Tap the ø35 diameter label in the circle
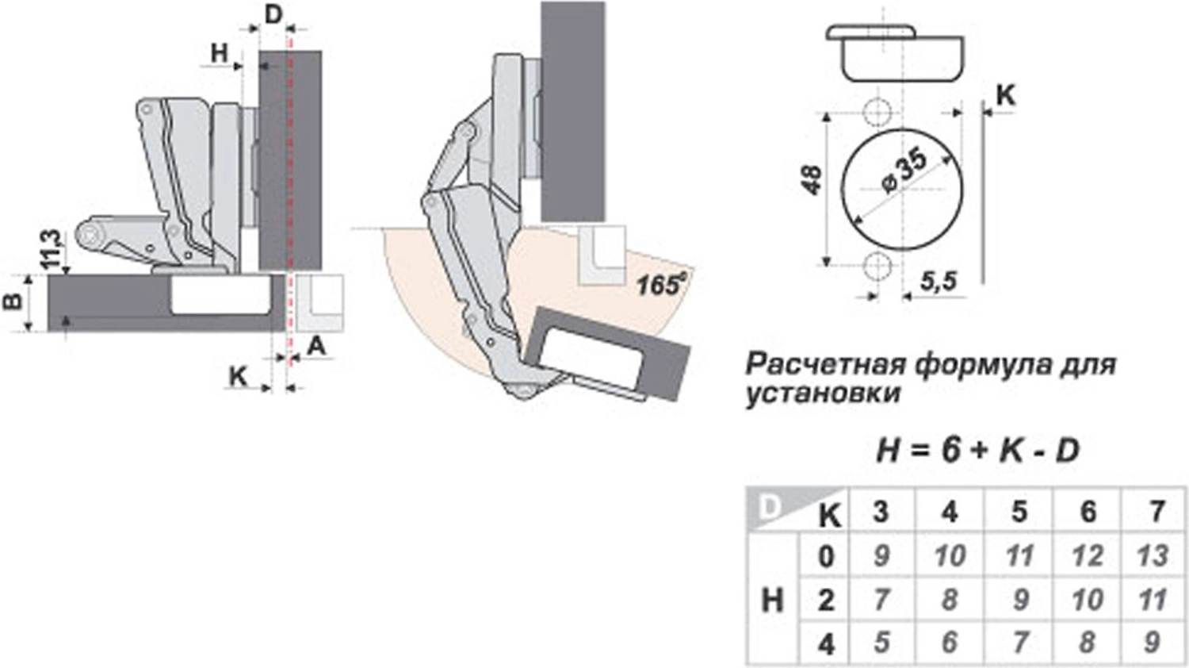coord(903,170)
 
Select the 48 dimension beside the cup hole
coord(812,181)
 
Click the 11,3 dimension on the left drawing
coord(51,248)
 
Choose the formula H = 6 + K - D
coord(977,451)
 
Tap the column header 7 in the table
coord(1157,512)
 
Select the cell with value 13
coord(1153,555)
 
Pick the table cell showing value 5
coord(881,641)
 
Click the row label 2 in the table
coord(826,600)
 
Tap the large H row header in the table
coord(772,600)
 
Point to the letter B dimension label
coord(13,301)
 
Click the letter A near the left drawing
coord(316,346)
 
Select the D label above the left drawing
coord(273,14)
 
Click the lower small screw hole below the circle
coord(876,267)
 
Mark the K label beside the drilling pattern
coord(1005,95)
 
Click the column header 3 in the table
coord(881,512)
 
